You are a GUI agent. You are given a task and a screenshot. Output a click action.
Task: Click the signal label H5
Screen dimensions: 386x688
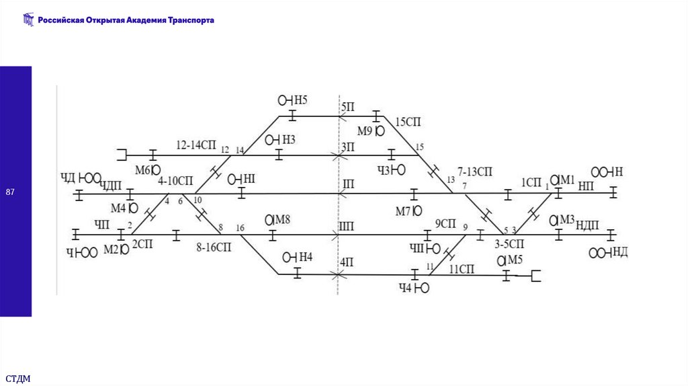[x=300, y=100]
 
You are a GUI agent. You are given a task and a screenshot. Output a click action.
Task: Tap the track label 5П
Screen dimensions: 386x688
[x=347, y=107]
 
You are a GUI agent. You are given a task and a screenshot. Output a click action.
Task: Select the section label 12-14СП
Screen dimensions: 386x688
[x=196, y=145]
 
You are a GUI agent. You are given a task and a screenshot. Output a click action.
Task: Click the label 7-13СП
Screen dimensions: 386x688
[x=475, y=171]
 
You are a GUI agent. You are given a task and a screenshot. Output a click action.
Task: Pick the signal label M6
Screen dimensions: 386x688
[x=143, y=170]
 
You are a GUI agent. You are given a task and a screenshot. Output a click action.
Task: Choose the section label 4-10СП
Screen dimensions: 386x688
[x=175, y=181]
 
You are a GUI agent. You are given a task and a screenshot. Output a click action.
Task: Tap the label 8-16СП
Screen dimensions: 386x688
[x=214, y=247]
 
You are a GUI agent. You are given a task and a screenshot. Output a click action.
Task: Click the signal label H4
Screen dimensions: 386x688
[x=305, y=257]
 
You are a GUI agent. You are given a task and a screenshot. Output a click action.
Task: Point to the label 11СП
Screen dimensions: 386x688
[x=462, y=269]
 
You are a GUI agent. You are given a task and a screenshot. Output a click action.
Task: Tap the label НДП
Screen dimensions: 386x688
[x=587, y=225]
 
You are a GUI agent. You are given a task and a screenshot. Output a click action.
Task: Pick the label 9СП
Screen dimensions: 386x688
[x=445, y=223]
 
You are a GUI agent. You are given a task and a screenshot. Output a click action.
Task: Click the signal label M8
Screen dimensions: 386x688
[x=282, y=219]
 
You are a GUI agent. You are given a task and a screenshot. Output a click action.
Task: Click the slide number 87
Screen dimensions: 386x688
[x=10, y=194]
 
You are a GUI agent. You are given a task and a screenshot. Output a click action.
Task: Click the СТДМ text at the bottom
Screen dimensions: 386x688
[x=18, y=379]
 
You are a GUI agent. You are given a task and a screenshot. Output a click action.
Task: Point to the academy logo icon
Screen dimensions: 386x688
[x=28, y=20]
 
